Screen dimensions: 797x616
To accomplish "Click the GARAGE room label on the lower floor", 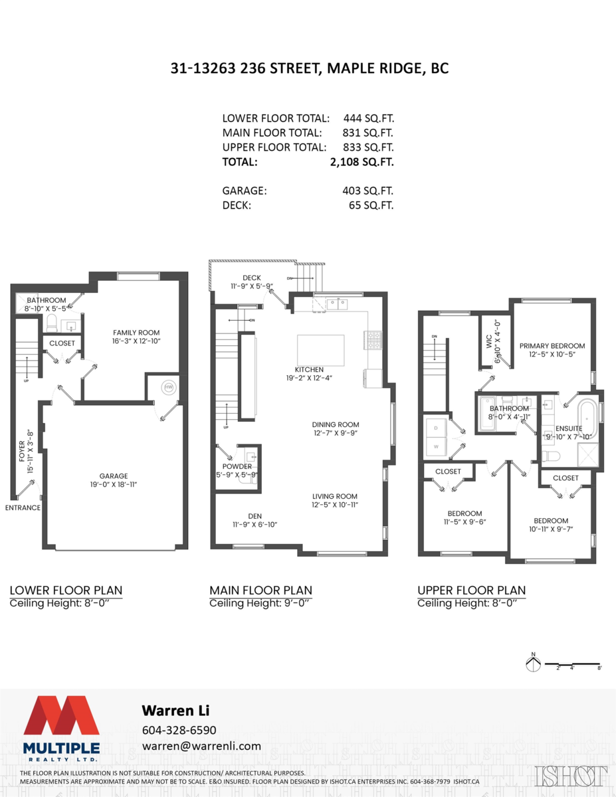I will [113, 476].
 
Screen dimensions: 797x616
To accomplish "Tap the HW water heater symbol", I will [169, 387].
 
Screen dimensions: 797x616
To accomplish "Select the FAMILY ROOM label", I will [136, 333].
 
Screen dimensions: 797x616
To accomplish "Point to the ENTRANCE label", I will [23, 507].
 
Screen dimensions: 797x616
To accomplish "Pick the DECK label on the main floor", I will [252, 278].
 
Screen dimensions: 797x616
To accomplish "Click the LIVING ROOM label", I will [335, 496].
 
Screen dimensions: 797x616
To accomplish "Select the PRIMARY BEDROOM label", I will [552, 346].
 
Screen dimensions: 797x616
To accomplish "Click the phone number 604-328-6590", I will [179, 730].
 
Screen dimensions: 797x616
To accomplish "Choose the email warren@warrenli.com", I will [202, 746].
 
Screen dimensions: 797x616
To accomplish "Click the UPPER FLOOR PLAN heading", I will [471, 590].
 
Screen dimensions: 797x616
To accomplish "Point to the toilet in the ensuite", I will [552, 456].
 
